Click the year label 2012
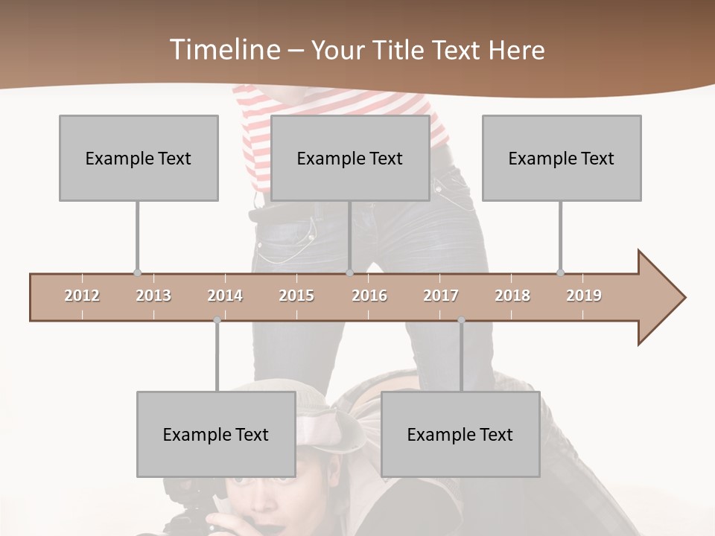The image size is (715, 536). (x=82, y=296)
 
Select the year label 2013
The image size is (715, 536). (x=153, y=296)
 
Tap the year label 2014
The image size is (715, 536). (x=225, y=296)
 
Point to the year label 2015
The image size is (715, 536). (x=296, y=296)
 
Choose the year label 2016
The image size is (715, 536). (x=369, y=296)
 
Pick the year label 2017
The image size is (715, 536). (x=441, y=296)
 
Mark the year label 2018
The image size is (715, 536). (x=512, y=296)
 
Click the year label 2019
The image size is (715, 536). (x=584, y=296)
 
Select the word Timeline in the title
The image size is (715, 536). (x=223, y=50)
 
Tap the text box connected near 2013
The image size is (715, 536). (x=139, y=158)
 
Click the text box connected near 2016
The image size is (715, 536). (x=350, y=158)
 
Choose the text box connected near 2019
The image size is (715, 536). (x=562, y=158)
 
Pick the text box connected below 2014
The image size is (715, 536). (x=216, y=434)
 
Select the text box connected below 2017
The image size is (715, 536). (x=460, y=434)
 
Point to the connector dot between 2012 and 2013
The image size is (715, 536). (x=137, y=273)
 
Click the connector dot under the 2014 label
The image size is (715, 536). (x=217, y=320)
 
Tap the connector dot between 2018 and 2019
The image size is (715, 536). (x=560, y=272)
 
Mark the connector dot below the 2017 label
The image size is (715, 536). (x=461, y=320)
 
